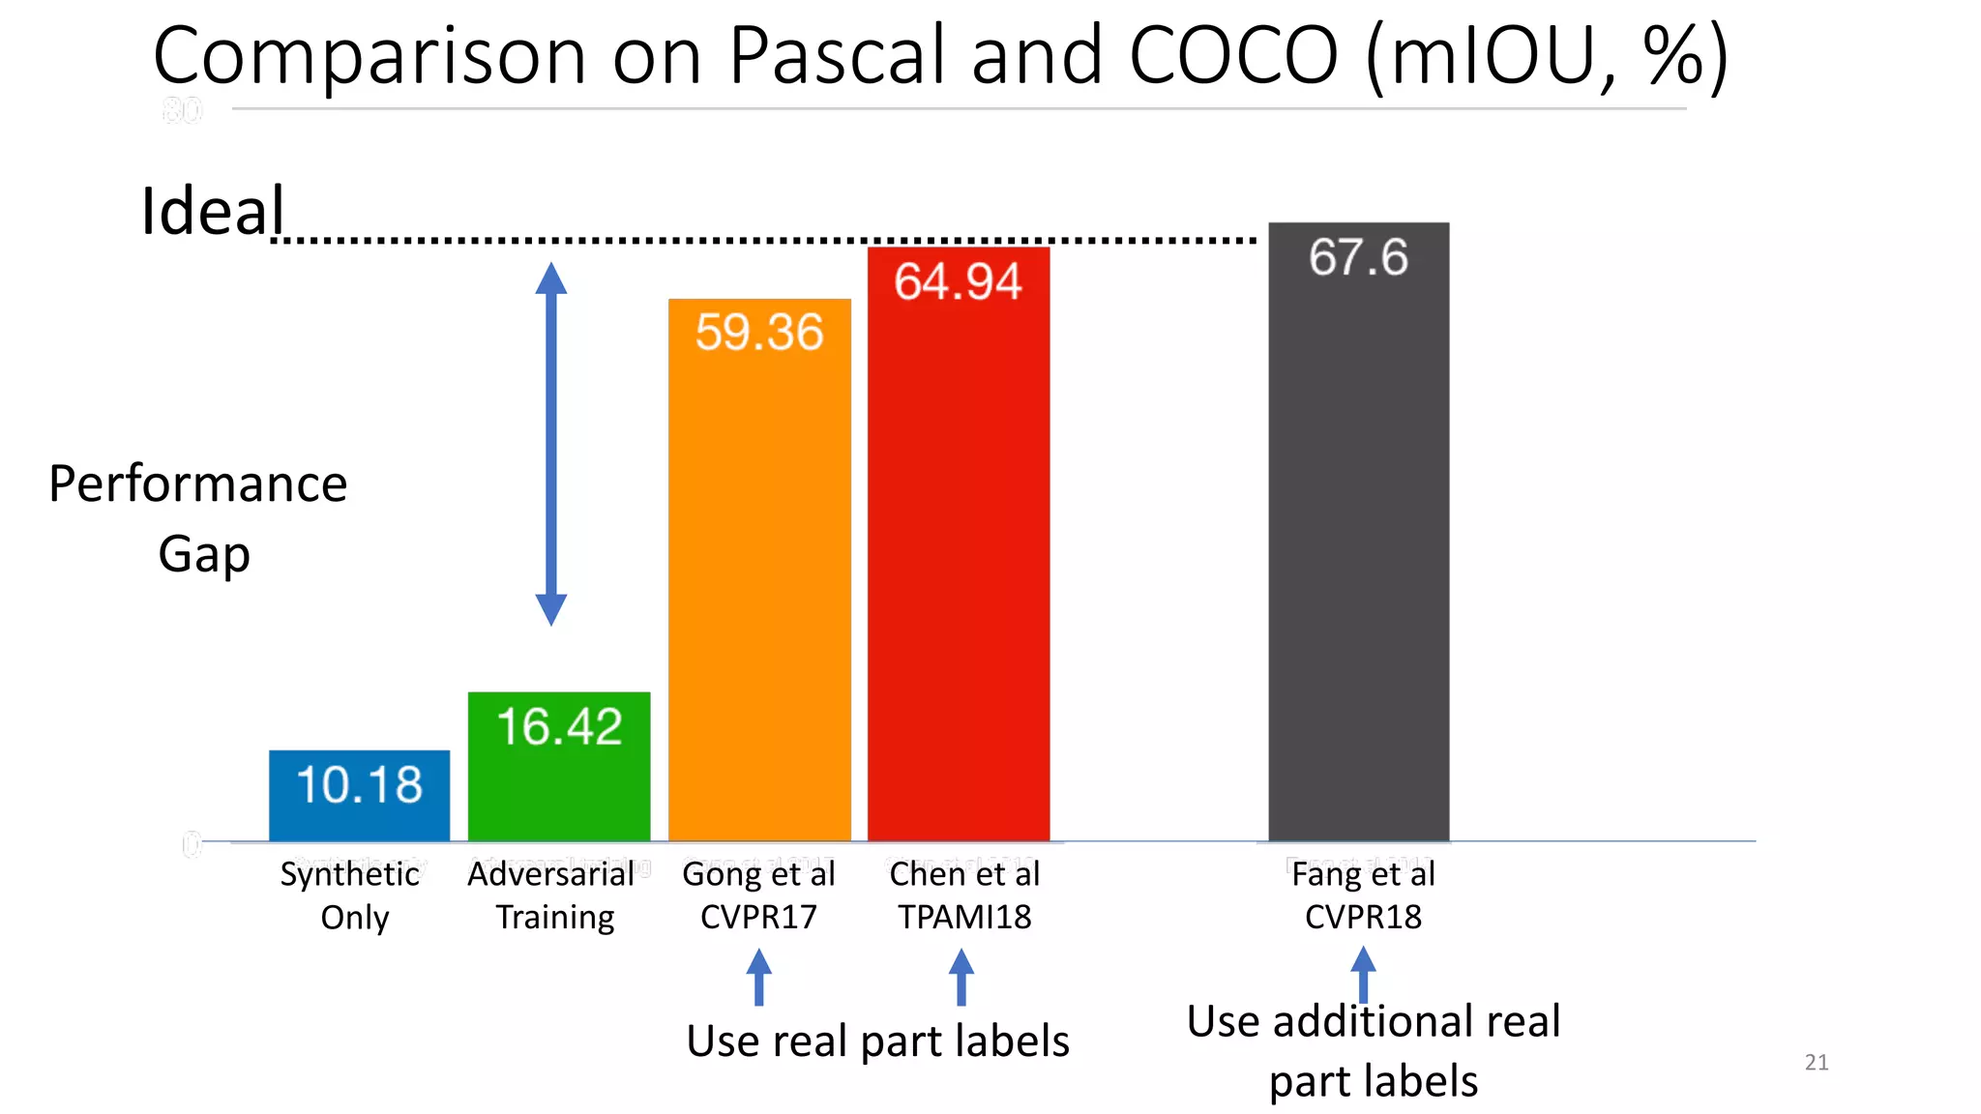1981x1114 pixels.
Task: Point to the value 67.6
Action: tap(1358, 257)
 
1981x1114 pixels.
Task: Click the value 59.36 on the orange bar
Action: tap(759, 333)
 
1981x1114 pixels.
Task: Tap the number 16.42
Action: tap(559, 727)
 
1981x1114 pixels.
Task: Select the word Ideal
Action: tap(213, 211)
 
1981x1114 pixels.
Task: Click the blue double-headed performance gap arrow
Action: tap(551, 444)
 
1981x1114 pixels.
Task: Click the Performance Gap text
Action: tap(198, 518)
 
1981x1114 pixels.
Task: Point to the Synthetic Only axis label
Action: tap(352, 895)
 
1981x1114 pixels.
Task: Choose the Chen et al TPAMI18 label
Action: tap(964, 895)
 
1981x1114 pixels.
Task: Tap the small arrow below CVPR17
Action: tap(759, 977)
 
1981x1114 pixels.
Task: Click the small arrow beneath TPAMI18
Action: tap(961, 977)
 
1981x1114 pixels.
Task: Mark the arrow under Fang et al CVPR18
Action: tap(1363, 973)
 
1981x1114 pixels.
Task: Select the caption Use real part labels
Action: tap(877, 1041)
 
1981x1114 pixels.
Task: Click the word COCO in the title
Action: tap(1233, 55)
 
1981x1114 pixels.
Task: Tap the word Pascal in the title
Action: tap(837, 55)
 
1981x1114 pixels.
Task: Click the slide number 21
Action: tap(1817, 1063)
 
